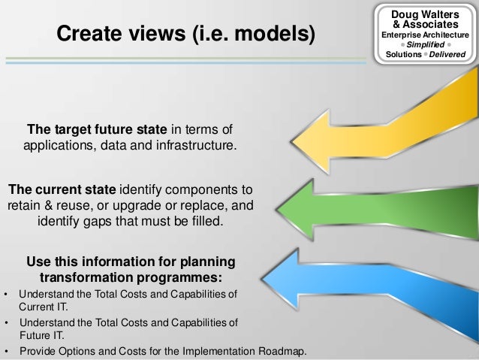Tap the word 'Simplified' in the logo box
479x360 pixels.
425,44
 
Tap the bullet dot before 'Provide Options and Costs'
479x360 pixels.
7,351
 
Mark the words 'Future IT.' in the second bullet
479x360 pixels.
41,336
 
